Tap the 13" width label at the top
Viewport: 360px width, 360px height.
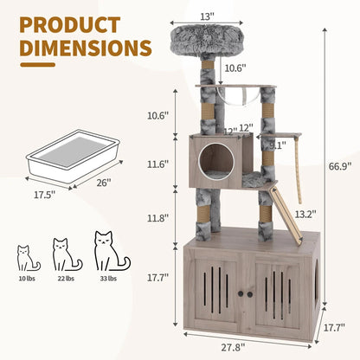pos(229,16)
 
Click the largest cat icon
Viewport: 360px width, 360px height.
pos(109,251)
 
